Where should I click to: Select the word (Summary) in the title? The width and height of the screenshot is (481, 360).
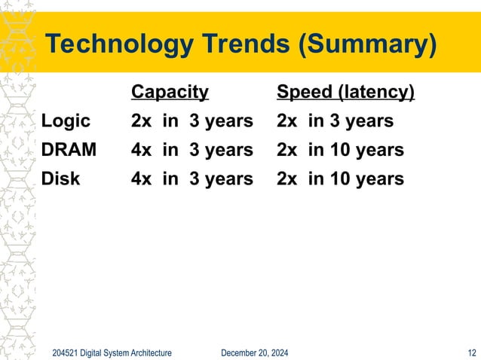pos(367,45)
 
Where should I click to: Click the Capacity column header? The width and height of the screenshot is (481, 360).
pos(170,92)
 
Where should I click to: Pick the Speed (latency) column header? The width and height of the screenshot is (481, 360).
pos(345,92)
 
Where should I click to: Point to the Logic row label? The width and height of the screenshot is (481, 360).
pos(66,121)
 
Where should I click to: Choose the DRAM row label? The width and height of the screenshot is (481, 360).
pos(69,150)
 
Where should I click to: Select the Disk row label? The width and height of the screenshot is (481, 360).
pos(63,178)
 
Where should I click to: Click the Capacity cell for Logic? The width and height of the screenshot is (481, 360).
pos(191,121)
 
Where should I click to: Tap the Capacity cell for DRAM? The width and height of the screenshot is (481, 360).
pos(191,150)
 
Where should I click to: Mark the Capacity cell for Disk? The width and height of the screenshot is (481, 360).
pos(191,178)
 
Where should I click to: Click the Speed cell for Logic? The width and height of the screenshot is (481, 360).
pos(335,121)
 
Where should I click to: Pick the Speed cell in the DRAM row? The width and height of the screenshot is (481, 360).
pos(340,150)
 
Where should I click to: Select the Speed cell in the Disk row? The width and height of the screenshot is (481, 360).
pos(340,178)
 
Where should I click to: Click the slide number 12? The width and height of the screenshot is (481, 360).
pos(472,352)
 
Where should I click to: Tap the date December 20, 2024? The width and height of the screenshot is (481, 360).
pos(253,352)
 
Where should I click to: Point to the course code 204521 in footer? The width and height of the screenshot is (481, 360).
pos(66,352)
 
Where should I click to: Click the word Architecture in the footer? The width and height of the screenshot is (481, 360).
pos(149,352)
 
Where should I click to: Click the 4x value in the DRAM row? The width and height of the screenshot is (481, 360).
pos(141,150)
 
